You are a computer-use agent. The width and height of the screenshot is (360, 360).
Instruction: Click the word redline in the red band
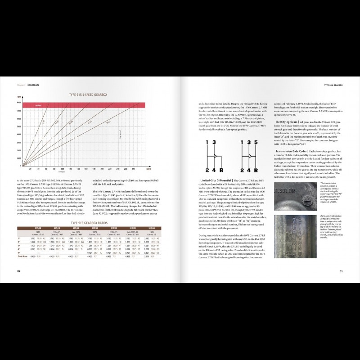tap(31, 105)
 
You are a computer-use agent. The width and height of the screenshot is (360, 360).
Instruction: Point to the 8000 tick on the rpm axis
tap(19, 103)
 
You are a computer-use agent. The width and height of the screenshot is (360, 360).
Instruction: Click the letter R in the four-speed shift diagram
tap(221, 171)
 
